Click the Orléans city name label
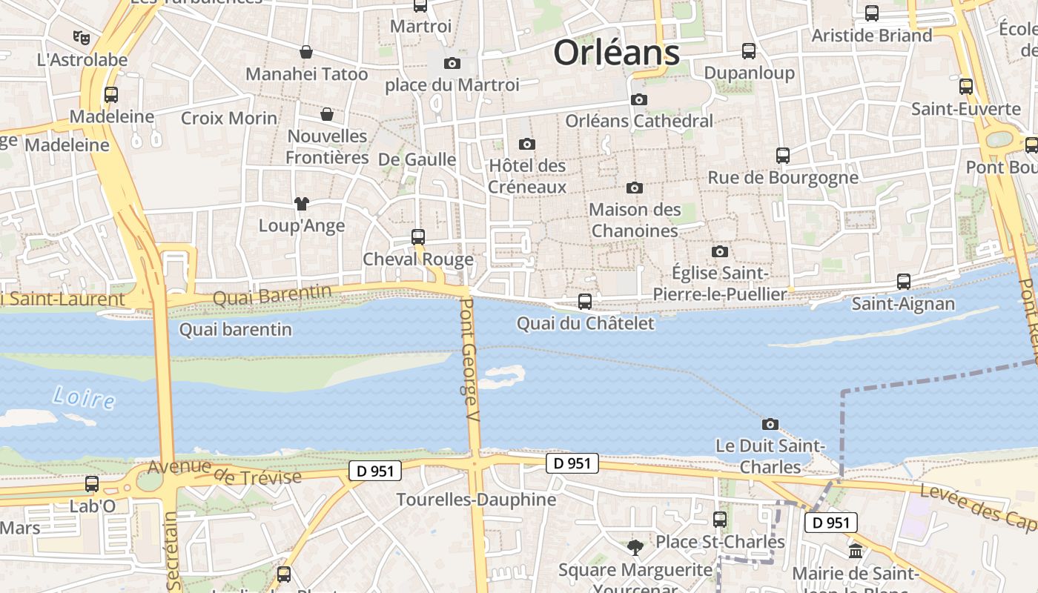pos(617,53)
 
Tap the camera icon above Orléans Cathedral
pos(638,99)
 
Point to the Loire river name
pos(84,398)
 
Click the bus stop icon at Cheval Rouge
pos(418,237)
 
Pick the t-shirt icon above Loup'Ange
pos(301,203)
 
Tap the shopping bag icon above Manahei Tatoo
pos(306,52)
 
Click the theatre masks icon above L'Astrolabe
pos(81,36)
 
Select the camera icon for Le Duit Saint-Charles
pos(770,425)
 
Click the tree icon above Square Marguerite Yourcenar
pos(635,548)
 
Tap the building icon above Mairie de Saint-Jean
pos(856,551)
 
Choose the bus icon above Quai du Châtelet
pos(585,302)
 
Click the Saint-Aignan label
pos(903,303)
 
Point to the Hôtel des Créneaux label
pos(527,176)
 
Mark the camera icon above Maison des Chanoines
pos(635,188)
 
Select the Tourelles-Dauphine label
pos(476,500)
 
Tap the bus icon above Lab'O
pos(92,484)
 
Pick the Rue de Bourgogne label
pos(783,178)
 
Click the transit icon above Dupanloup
pos(749,51)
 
